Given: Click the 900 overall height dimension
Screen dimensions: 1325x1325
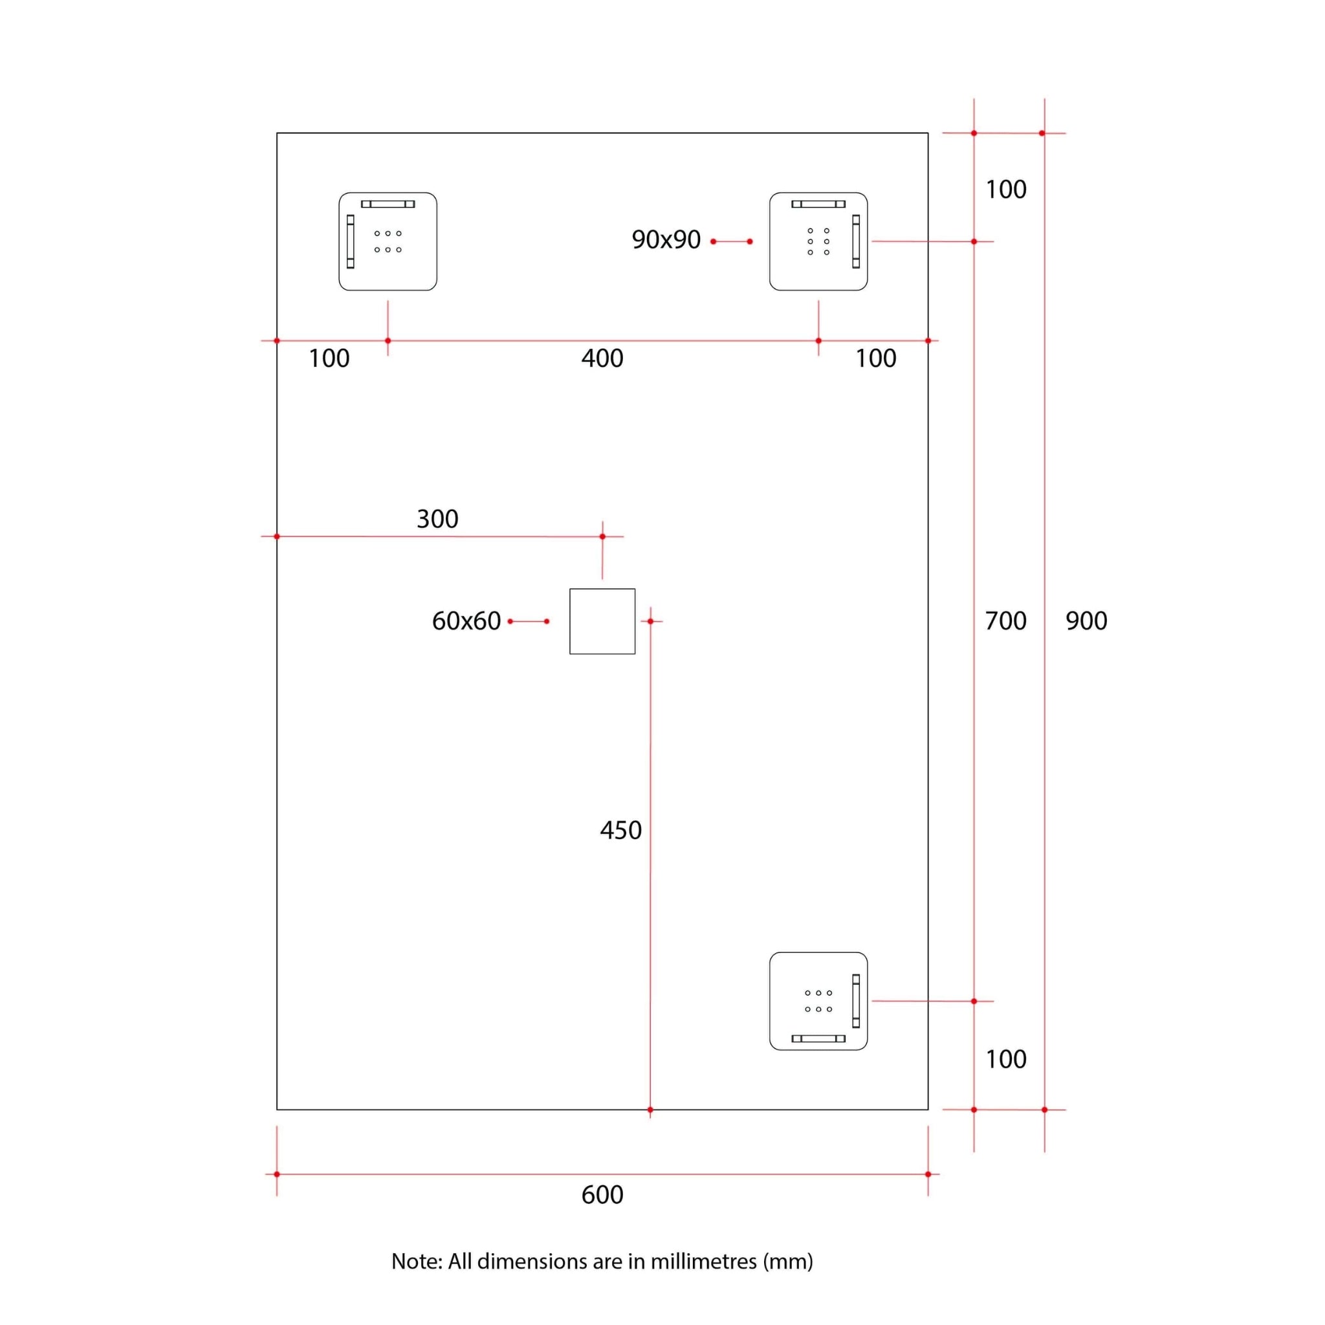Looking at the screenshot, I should [1086, 620].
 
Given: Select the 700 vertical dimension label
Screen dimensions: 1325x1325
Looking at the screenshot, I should [1005, 620].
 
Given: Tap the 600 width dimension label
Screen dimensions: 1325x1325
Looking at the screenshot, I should [602, 1194].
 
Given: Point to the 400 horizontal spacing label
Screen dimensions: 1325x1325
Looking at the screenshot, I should [602, 358].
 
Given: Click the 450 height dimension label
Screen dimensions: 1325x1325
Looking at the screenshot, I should [620, 830].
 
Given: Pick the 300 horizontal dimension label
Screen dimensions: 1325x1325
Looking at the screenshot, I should [437, 518].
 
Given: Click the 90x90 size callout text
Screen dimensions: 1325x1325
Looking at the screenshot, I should [666, 239].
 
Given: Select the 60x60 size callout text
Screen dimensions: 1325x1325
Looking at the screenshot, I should [466, 620].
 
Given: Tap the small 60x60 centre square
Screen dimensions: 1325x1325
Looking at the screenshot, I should [602, 621].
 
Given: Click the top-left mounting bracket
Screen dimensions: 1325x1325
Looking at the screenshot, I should [388, 241].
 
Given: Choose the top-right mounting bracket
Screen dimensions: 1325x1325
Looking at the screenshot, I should [818, 241].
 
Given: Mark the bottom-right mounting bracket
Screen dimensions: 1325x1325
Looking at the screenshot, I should [818, 1001].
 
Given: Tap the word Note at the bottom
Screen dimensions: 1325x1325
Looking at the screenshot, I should [415, 1260].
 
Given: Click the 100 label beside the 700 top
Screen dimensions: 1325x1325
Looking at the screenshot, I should [1005, 190].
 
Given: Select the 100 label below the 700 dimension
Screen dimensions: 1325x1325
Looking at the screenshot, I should [1005, 1059].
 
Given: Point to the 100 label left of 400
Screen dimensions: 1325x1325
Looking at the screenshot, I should [329, 358].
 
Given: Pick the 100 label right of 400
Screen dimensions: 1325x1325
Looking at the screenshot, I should [875, 358].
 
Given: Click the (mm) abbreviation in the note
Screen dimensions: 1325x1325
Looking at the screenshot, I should [788, 1260].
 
